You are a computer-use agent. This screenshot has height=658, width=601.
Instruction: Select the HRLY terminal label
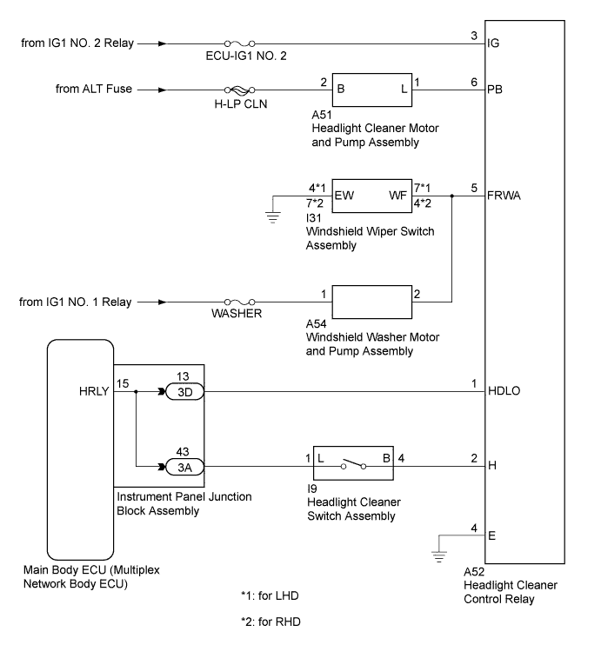click(93, 391)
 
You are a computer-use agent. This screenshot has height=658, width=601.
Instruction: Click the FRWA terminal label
click(509, 197)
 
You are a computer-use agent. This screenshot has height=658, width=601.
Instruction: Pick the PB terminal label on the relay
click(497, 90)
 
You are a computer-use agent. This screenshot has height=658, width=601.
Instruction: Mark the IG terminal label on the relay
click(496, 42)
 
